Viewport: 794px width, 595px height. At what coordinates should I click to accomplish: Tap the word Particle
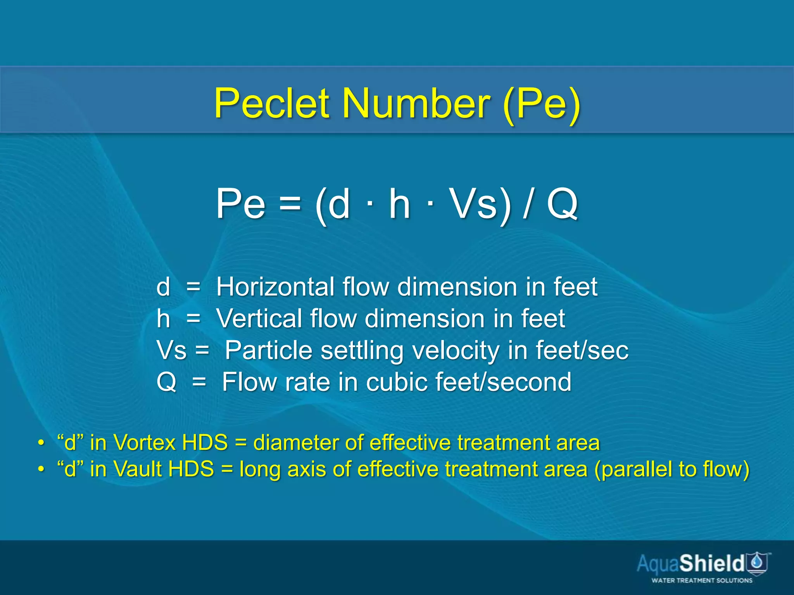[x=268, y=351]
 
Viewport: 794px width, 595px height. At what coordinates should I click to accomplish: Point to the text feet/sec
[x=582, y=351]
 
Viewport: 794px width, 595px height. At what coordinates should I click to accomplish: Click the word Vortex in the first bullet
[x=145, y=443]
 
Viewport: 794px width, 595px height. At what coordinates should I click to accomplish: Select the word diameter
[x=295, y=443]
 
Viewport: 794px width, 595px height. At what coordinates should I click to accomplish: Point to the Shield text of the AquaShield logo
[x=711, y=563]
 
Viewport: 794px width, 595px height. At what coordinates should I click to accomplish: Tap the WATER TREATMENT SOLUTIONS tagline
[x=702, y=580]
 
